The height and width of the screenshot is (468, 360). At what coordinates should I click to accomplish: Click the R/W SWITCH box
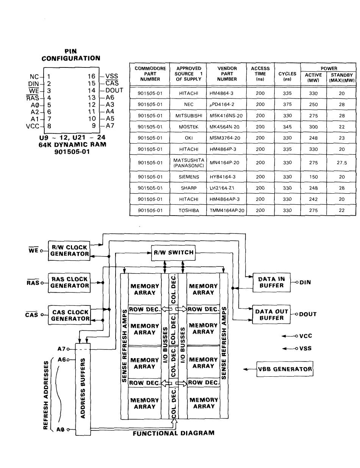tap(173, 253)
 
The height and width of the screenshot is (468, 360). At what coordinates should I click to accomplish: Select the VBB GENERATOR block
tap(285, 369)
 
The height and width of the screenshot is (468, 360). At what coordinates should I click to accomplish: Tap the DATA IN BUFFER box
tap(271, 282)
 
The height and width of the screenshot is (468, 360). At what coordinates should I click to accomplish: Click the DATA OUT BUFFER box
tap(271, 315)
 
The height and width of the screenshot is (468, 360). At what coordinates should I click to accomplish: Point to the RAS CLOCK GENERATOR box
tap(69, 283)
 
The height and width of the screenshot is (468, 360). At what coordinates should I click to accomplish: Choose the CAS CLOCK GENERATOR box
tap(69, 315)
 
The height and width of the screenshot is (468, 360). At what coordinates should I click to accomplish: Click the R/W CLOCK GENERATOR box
tap(69, 251)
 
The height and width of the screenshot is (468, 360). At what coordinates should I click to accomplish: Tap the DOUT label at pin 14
tap(114, 91)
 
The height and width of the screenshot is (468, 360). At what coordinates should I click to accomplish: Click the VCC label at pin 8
tap(33, 126)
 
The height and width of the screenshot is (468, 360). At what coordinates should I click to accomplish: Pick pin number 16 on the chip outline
tap(91, 76)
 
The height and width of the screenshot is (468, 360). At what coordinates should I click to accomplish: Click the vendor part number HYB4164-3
tap(222, 177)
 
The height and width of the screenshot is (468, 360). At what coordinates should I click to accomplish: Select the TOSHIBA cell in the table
tap(189, 210)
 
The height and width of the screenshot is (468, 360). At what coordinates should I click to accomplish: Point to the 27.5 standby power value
tap(342, 163)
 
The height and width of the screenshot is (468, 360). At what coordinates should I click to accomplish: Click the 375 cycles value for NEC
tap(287, 105)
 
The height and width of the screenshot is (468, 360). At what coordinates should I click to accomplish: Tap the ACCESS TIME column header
tap(260, 74)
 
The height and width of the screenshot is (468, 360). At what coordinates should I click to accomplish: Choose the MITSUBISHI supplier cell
tap(189, 116)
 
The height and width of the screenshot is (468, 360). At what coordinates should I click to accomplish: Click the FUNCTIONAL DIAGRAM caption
tap(174, 433)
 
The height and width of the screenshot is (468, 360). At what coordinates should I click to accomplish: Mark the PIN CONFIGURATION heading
tap(71, 55)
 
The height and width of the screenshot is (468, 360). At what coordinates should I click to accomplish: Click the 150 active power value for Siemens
tap(313, 177)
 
